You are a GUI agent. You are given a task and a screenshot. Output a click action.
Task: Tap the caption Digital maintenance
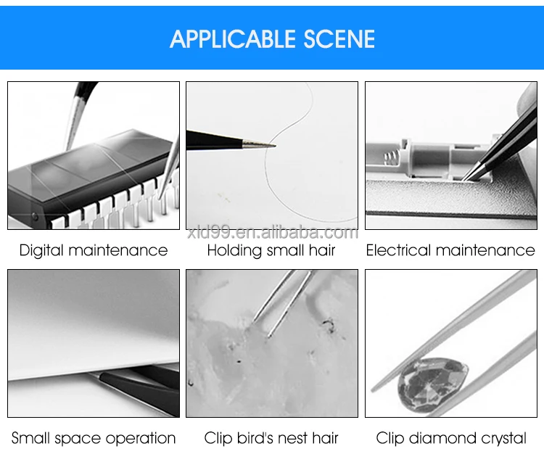click(94, 251)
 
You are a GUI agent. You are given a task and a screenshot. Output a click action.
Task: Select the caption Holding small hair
click(271, 251)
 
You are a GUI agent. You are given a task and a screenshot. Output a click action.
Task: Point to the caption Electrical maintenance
click(450, 251)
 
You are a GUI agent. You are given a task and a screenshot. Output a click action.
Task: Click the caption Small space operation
click(94, 438)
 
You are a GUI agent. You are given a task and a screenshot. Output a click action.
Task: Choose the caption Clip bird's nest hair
click(271, 438)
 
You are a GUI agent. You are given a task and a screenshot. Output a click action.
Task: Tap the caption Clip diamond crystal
click(450, 438)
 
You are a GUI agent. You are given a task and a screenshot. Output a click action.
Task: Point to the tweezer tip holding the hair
click(270, 145)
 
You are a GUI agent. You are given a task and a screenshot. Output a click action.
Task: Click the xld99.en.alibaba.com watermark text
click(271, 233)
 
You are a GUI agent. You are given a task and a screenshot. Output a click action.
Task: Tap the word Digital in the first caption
click(42, 251)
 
